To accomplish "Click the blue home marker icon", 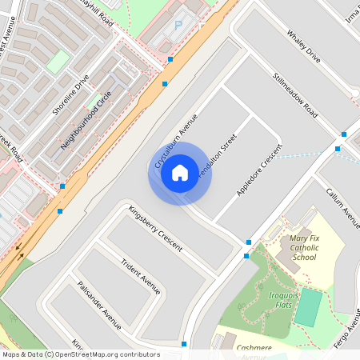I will click(180, 173).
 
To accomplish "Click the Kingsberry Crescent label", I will click(154, 228).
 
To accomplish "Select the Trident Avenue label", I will click(140, 276).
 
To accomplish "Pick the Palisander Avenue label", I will click(98, 305).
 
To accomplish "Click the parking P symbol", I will click(178, 25).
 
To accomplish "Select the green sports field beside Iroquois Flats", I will click(308, 307).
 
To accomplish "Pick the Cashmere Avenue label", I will click(254, 350).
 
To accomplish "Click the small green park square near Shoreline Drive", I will click(58, 62).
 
